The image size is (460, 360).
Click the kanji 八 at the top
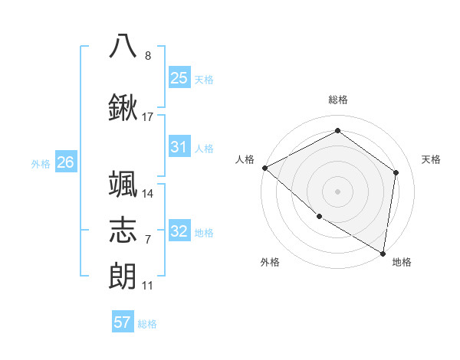[123, 45]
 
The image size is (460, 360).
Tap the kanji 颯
[123, 184]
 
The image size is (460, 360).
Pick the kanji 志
[123, 229]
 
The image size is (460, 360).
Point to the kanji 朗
[123, 275]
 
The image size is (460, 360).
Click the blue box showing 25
[179, 78]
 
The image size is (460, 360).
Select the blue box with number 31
[179, 148]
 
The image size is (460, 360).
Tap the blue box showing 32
[179, 232]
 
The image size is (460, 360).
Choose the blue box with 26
[66, 162]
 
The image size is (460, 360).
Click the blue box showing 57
[123, 322]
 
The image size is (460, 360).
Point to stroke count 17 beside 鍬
[148, 117]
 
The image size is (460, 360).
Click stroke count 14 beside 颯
[148, 194]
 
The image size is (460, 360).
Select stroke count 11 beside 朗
[148, 286]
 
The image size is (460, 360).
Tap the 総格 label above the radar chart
[338, 100]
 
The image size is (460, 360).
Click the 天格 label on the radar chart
[432, 159]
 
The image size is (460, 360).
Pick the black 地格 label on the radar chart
[402, 262]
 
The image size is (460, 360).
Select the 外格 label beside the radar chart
[270, 262]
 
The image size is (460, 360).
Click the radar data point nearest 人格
[264, 168]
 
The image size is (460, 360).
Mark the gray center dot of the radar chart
[337, 191]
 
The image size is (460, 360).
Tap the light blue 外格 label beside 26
[41, 163]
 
